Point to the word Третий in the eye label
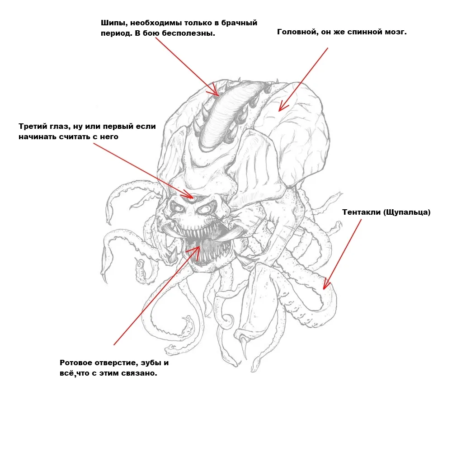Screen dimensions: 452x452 (33, 127)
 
